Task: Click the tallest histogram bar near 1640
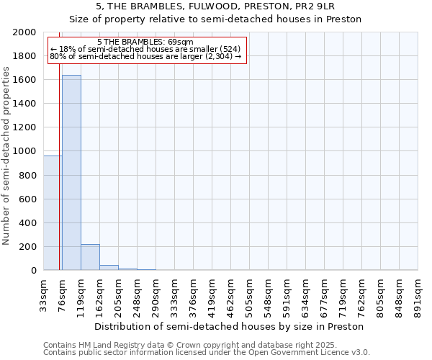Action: [x=71, y=173]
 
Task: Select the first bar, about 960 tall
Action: [x=53, y=213]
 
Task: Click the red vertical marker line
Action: [x=59, y=180]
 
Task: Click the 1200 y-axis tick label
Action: [x=25, y=127]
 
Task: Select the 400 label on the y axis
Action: [x=28, y=223]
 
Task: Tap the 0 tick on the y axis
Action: [x=34, y=271]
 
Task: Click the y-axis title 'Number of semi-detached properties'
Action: [x=6, y=156]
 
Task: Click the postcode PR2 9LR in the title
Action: [x=313, y=6]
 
